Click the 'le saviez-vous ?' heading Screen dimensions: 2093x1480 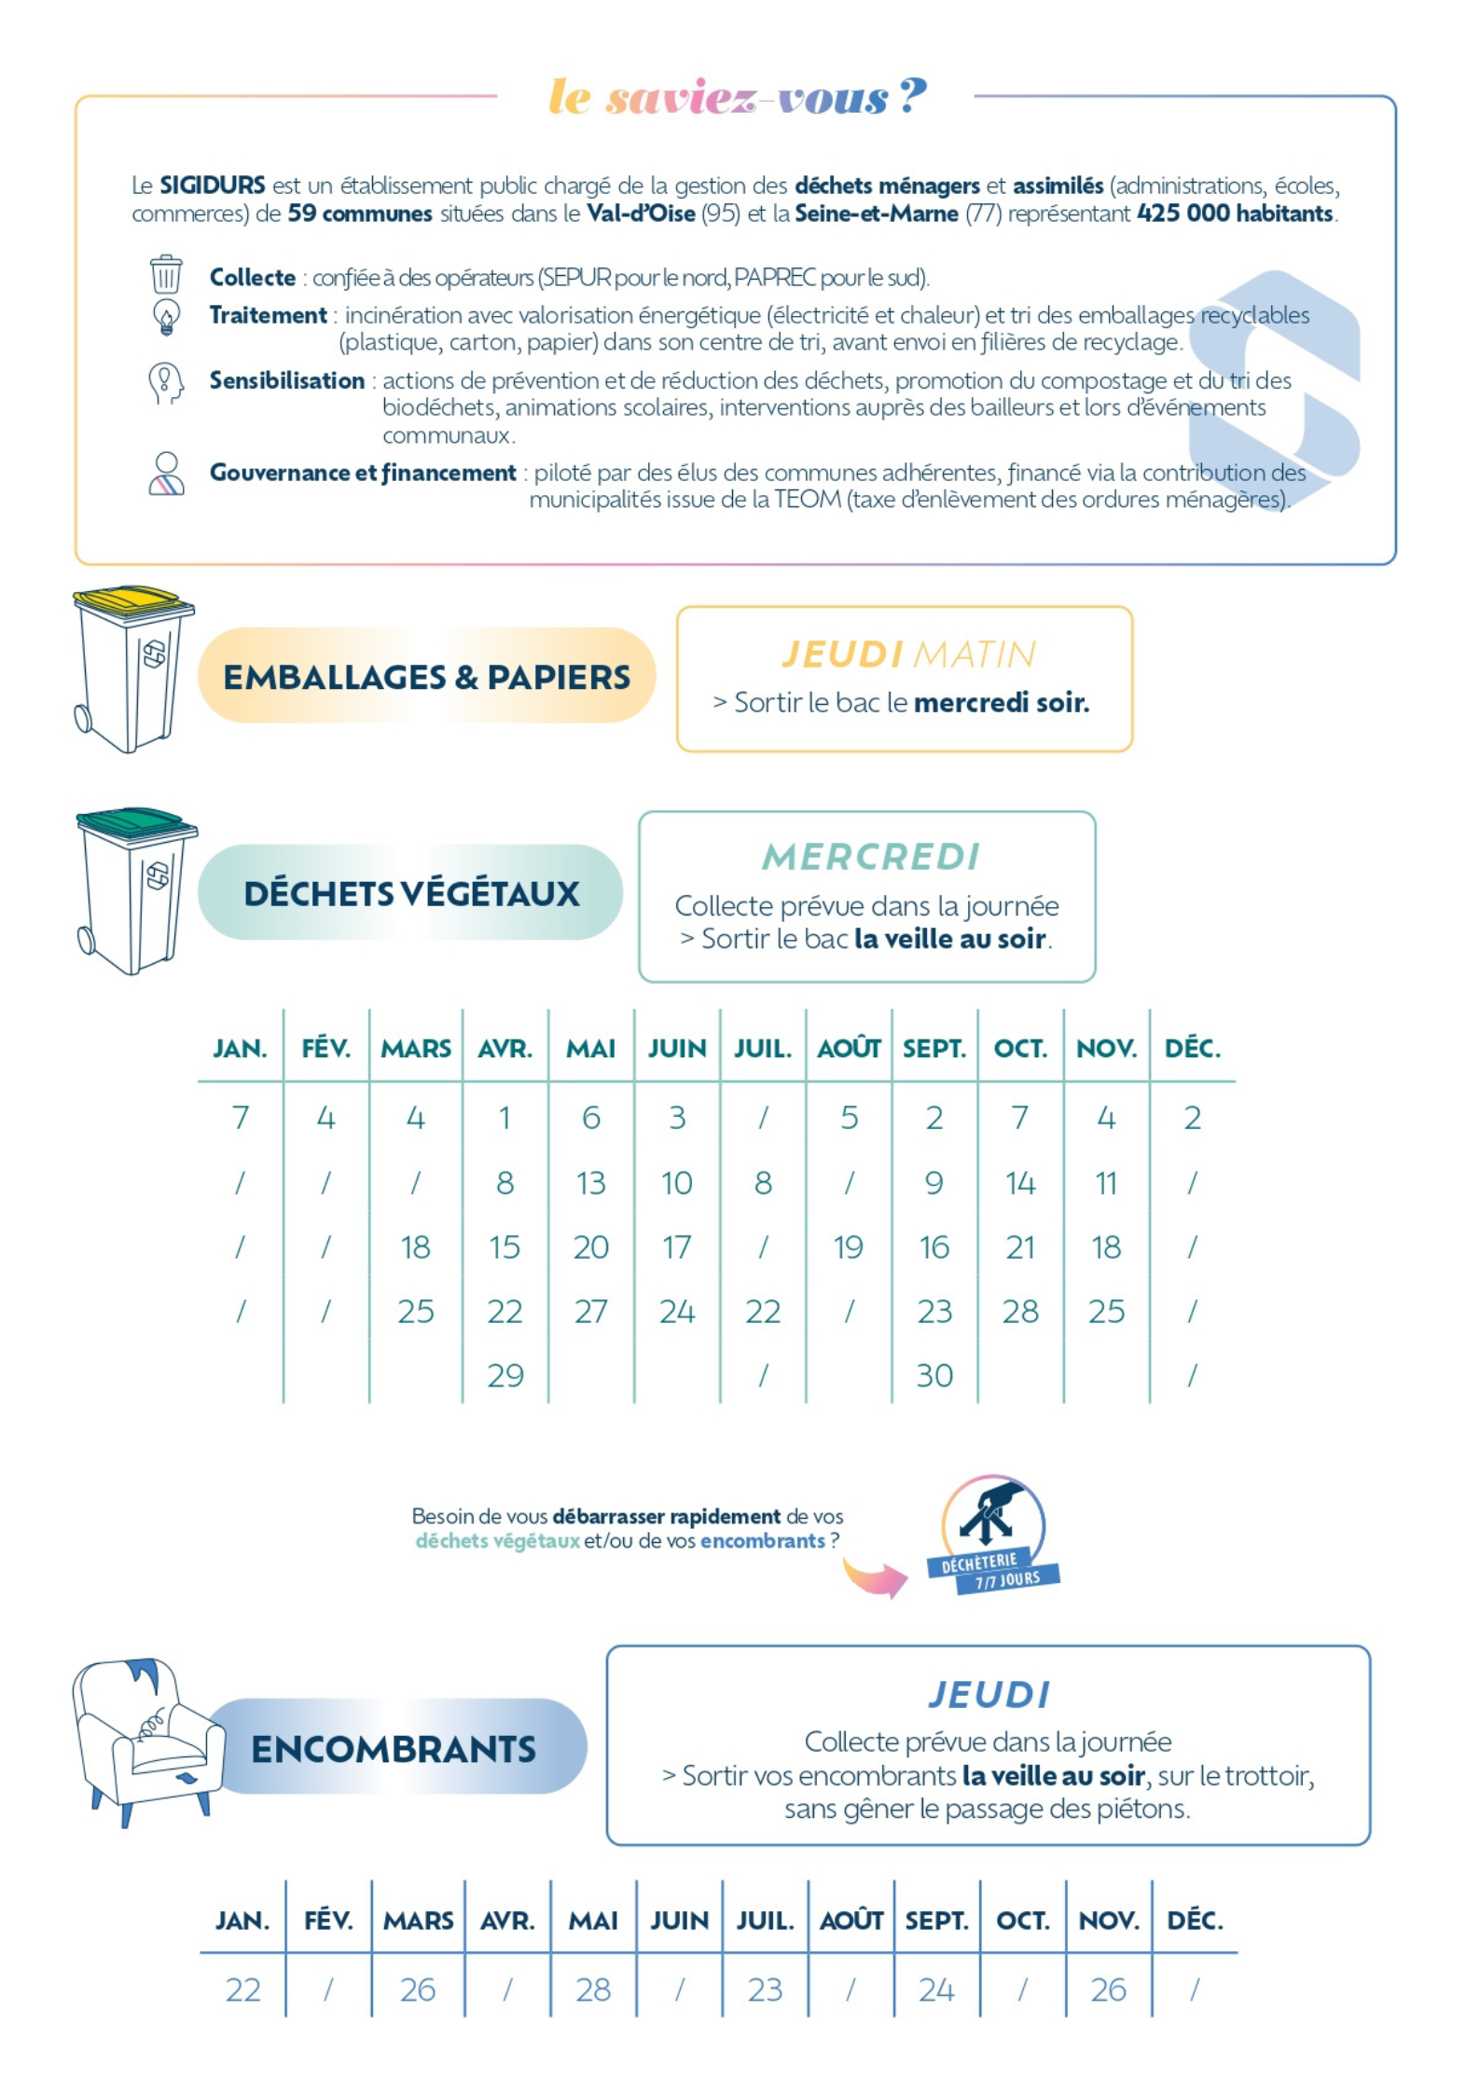[737, 96]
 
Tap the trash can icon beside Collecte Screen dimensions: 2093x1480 [166, 275]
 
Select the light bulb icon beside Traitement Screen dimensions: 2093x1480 [166, 316]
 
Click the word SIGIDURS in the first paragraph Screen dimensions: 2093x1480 [213, 186]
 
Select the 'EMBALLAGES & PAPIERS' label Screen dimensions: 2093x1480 [426, 677]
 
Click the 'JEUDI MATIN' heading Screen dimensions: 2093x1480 [908, 654]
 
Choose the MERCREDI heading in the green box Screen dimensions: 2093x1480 [871, 857]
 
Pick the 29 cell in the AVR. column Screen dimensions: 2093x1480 [505, 1375]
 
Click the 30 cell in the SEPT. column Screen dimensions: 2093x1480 [934, 1375]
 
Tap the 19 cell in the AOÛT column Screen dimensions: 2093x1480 [848, 1247]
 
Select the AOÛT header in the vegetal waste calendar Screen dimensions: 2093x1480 [849, 1049]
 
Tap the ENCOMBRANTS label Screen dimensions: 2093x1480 [394, 1749]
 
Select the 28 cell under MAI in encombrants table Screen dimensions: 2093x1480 [593, 1990]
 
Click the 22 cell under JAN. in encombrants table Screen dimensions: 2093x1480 [242, 1990]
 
